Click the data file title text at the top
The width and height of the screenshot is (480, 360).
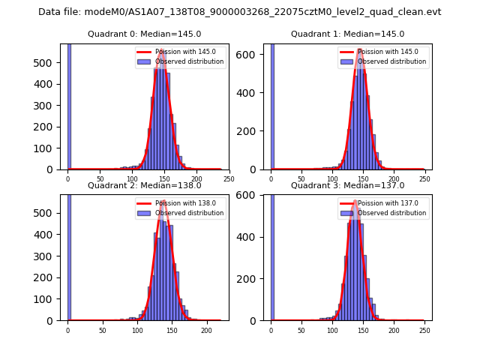point(239,12)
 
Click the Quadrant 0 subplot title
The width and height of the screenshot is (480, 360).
point(144,34)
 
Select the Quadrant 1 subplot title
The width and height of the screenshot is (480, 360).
point(347,34)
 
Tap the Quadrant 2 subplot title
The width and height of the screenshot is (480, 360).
point(144,185)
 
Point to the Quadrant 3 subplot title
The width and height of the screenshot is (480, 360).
point(347,185)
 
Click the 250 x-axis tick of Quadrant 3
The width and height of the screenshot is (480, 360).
point(424,329)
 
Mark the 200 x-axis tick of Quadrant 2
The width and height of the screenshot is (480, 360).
point(206,329)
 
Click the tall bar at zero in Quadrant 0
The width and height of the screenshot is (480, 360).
point(68,105)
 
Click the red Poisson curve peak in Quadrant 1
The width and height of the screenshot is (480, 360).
point(360,49)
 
